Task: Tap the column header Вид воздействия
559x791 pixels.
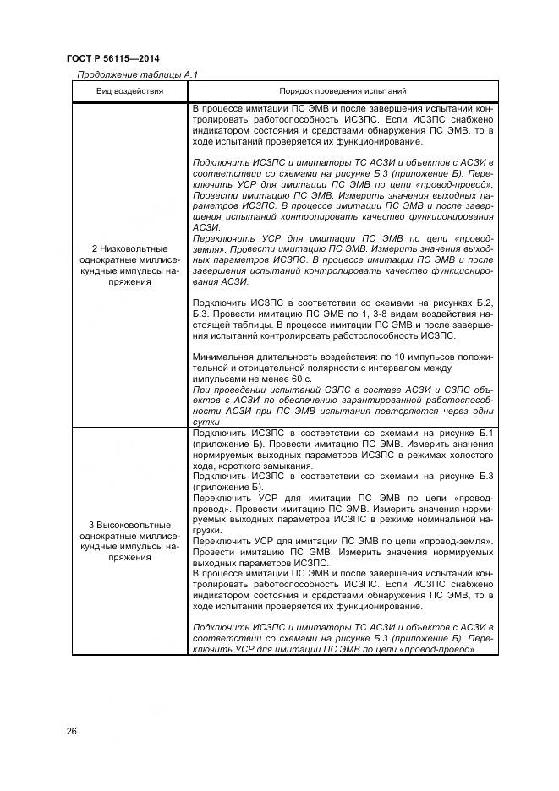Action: [129, 90]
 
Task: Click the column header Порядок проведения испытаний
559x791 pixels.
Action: [343, 90]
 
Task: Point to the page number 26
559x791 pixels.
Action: [71, 731]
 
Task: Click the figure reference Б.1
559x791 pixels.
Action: [483, 433]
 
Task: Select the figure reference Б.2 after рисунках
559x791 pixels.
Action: [483, 303]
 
